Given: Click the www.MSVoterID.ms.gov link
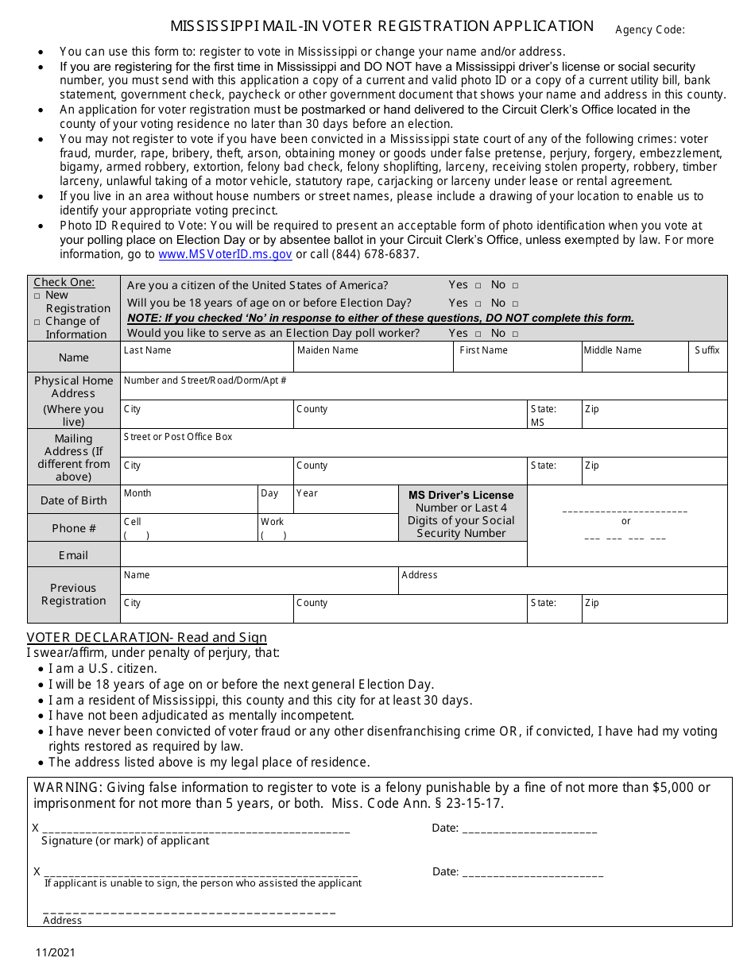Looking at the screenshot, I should point(225,254).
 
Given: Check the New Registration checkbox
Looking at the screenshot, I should point(37,295).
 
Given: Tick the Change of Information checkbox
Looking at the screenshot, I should point(37,322).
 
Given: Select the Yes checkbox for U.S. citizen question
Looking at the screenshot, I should point(478,285).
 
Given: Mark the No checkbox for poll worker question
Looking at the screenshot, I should point(515,334).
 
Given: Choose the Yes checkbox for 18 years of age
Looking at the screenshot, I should point(478,303).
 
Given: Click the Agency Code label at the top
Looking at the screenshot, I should point(649,30).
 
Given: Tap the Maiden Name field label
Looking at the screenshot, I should point(327,350).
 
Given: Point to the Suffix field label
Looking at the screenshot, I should point(707,350).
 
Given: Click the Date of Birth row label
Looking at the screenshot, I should point(73,500).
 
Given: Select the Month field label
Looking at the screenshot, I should point(137,493).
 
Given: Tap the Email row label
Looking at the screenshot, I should point(73,555).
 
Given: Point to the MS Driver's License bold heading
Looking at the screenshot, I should point(461,495).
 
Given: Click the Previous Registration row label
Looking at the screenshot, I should point(73,594).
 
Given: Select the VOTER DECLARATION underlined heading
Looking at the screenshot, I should point(146,638).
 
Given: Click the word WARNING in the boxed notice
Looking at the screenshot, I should point(67,787).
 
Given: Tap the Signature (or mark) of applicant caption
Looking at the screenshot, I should point(126,840).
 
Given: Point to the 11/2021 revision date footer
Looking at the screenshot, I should point(54,952).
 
